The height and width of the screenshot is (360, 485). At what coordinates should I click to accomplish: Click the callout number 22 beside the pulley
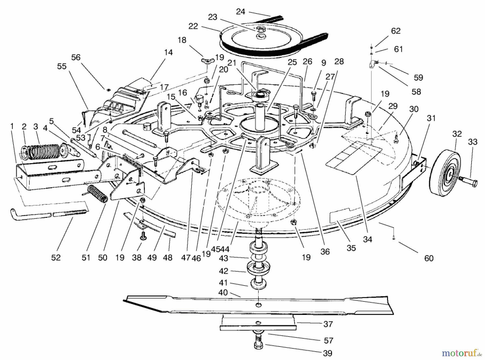(x=193, y=26)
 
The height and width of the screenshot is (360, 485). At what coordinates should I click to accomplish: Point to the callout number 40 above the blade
(x=223, y=292)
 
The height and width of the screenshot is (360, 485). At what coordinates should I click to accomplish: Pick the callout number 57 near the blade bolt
(x=328, y=341)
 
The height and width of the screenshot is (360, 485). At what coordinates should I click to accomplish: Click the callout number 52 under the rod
(x=56, y=258)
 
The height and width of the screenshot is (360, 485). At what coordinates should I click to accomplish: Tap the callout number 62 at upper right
(x=396, y=31)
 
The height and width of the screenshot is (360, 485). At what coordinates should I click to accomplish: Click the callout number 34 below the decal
(x=367, y=239)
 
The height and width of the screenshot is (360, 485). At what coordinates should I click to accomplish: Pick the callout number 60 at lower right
(x=428, y=258)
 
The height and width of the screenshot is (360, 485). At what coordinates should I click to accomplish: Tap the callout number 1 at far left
(x=12, y=126)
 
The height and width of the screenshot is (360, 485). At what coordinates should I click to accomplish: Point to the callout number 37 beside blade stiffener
(x=328, y=324)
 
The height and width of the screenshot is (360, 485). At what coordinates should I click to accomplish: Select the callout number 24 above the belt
(x=240, y=12)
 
